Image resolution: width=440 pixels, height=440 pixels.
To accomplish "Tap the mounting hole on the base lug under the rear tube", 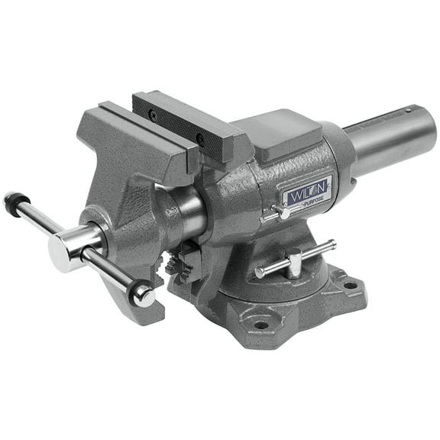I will [350, 286].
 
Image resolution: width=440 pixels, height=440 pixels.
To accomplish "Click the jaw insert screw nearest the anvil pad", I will [200, 139].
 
